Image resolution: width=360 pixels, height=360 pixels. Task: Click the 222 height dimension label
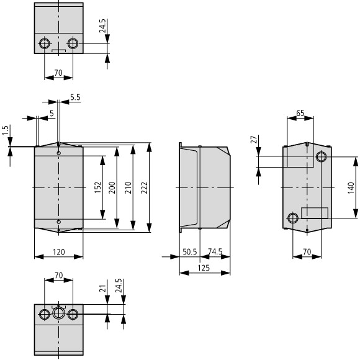click(x=144, y=187)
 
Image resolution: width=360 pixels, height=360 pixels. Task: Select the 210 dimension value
click(x=128, y=187)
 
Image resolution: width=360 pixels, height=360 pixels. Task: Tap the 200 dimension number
click(x=112, y=187)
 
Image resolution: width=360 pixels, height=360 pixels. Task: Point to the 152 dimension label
click(x=98, y=187)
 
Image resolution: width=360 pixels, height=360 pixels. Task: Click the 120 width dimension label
click(x=59, y=252)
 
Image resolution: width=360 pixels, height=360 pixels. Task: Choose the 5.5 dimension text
click(x=75, y=97)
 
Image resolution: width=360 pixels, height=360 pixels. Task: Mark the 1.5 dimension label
click(x=6, y=130)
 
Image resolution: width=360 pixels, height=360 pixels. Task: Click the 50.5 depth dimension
click(x=190, y=252)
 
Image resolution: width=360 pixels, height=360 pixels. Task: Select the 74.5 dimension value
click(x=215, y=251)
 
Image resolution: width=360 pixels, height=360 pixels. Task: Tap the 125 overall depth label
click(x=204, y=268)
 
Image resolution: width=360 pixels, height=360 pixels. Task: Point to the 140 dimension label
click(x=351, y=187)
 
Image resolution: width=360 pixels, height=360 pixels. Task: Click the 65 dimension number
click(x=300, y=113)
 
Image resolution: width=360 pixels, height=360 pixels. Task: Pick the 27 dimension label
click(x=254, y=140)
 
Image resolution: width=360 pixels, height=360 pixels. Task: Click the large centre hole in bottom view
click(x=58, y=313)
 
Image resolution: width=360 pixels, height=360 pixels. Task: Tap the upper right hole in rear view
click(x=321, y=157)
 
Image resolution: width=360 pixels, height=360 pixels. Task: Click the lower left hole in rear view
click(x=293, y=218)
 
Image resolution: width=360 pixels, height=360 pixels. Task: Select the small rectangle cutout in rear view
click(x=315, y=213)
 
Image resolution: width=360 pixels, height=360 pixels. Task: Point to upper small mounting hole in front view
click(x=59, y=153)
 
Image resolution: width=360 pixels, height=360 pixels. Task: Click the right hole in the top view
click(x=73, y=43)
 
